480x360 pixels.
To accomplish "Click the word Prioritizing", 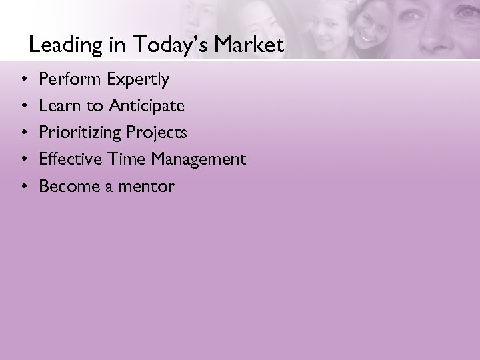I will click(x=81, y=133).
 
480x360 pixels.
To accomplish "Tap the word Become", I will click(x=66, y=186).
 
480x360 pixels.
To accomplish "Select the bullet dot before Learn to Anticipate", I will click(x=24, y=107).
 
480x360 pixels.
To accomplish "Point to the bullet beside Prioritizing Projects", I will click(x=24, y=133).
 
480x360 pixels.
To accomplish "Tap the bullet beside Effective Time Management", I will click(x=24, y=160).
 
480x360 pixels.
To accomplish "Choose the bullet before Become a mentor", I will click(x=24, y=187).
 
